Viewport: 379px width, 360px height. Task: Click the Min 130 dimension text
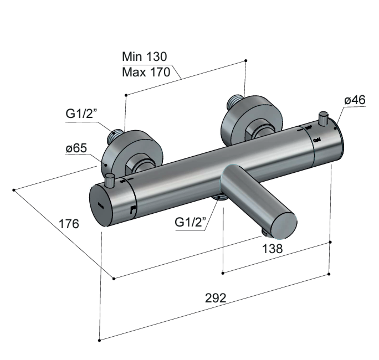[144, 56]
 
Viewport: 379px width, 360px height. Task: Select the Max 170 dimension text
[146, 73]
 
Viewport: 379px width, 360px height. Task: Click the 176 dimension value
[69, 224]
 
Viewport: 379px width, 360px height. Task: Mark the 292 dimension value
[216, 297]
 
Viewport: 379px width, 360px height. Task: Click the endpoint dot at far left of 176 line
[13, 190]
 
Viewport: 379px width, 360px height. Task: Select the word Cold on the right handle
[317, 140]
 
